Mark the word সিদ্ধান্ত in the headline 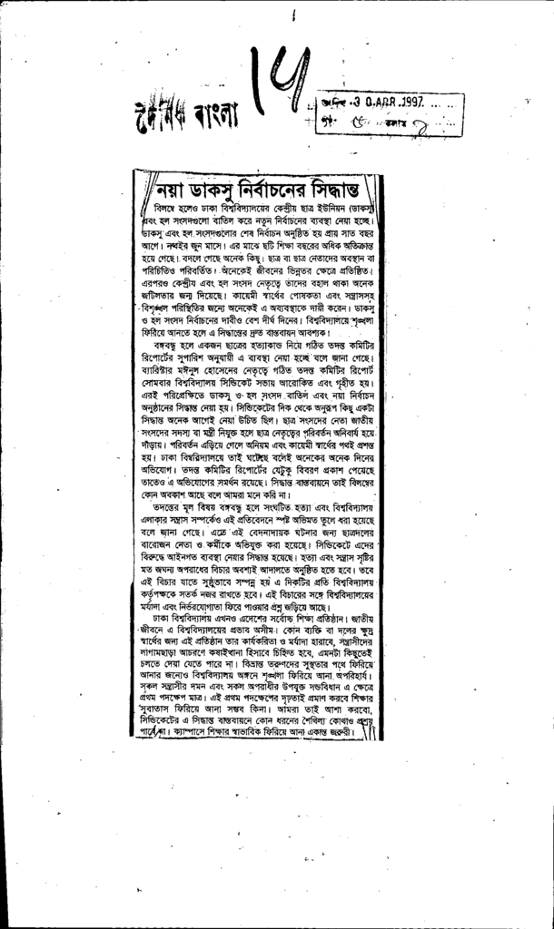[x=356, y=191]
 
